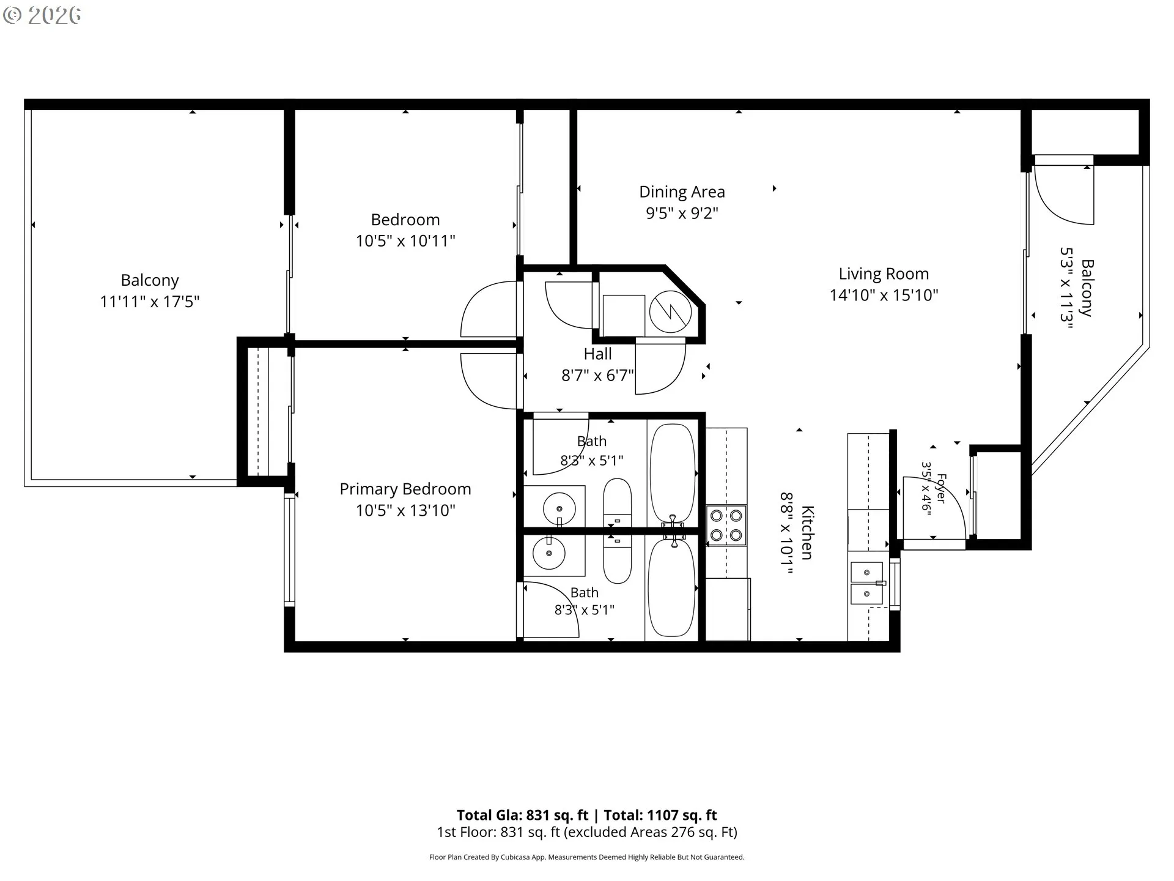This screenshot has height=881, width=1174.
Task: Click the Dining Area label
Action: (x=682, y=191)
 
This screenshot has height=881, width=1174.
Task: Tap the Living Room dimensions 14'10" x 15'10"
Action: (x=884, y=295)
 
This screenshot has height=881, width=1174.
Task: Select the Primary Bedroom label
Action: (x=405, y=489)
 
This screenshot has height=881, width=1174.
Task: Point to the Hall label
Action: (x=597, y=354)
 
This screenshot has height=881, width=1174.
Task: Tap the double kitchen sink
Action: (x=867, y=583)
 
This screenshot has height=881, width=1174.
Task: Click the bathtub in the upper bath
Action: (x=672, y=472)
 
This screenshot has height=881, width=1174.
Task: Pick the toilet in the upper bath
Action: (x=617, y=502)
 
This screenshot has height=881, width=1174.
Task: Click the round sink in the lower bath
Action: (x=548, y=554)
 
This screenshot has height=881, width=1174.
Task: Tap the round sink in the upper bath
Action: (x=559, y=508)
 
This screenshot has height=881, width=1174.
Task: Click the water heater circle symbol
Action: (x=670, y=312)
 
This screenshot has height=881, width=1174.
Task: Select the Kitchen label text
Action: (x=807, y=532)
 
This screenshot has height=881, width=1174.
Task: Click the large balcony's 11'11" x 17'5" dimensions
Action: (x=150, y=302)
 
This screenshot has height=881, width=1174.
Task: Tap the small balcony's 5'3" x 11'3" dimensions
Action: (x=1067, y=288)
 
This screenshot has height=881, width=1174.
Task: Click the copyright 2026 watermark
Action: (x=42, y=15)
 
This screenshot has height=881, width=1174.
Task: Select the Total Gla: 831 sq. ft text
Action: (x=522, y=815)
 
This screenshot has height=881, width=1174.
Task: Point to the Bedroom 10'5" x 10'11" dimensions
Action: (x=405, y=241)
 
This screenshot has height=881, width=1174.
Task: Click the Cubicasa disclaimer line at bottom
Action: (x=587, y=857)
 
